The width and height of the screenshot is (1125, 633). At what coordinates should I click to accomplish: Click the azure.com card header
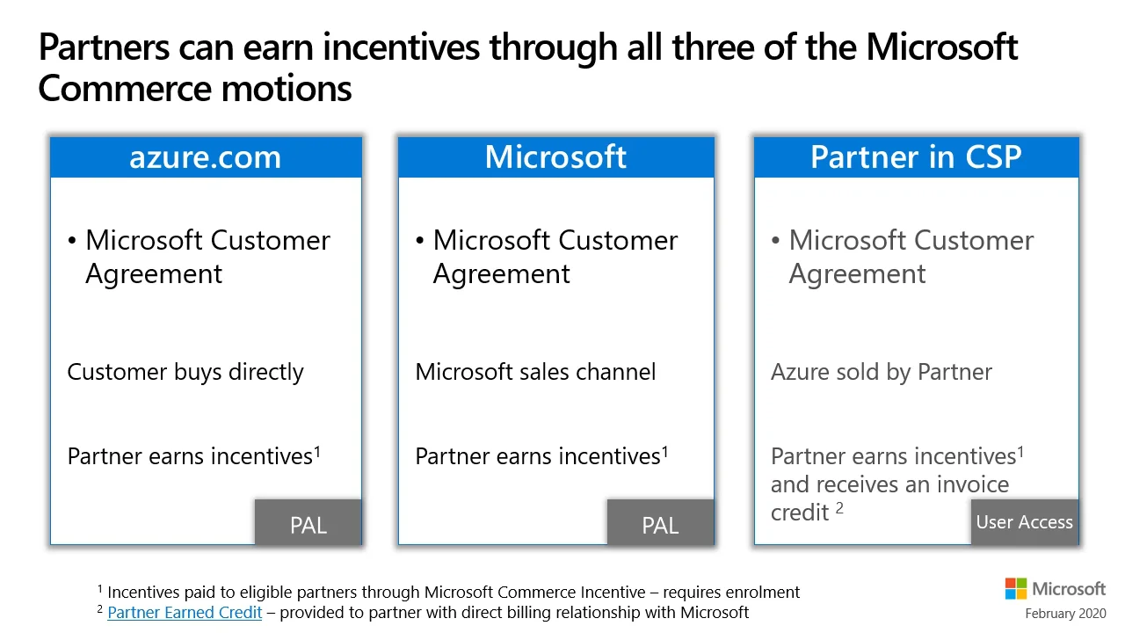pyautogui.click(x=206, y=157)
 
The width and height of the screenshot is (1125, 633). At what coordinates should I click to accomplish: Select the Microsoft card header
pyautogui.click(x=556, y=157)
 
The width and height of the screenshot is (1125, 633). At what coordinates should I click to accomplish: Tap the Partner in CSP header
pyautogui.click(x=916, y=157)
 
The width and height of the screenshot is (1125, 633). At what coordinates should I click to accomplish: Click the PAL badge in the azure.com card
pyautogui.click(x=308, y=522)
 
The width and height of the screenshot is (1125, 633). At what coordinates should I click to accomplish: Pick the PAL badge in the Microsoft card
pyautogui.click(x=660, y=522)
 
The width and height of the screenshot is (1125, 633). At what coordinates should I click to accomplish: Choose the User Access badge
pyautogui.click(x=1025, y=522)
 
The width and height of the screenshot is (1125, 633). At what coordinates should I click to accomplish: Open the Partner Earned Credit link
pyautogui.click(x=185, y=613)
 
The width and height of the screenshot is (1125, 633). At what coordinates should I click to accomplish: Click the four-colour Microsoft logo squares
pyautogui.click(x=1015, y=588)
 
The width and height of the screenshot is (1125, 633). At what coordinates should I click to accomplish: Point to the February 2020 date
pyautogui.click(x=1065, y=614)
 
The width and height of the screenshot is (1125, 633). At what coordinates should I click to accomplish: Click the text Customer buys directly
pyautogui.click(x=185, y=372)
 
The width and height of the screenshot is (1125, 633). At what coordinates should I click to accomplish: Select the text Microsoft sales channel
pyautogui.click(x=535, y=372)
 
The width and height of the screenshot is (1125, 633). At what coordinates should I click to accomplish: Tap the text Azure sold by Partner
pyautogui.click(x=882, y=372)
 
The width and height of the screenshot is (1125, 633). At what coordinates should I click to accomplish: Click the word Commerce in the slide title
pyautogui.click(x=126, y=89)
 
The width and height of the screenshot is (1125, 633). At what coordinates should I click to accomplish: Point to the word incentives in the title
pyautogui.click(x=402, y=47)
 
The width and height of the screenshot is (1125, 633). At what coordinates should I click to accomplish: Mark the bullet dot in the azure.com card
pyautogui.click(x=72, y=241)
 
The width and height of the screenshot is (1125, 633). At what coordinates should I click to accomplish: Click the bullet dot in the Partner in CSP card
pyautogui.click(x=775, y=241)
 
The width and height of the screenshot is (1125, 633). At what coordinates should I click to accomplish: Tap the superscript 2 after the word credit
pyautogui.click(x=839, y=508)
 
